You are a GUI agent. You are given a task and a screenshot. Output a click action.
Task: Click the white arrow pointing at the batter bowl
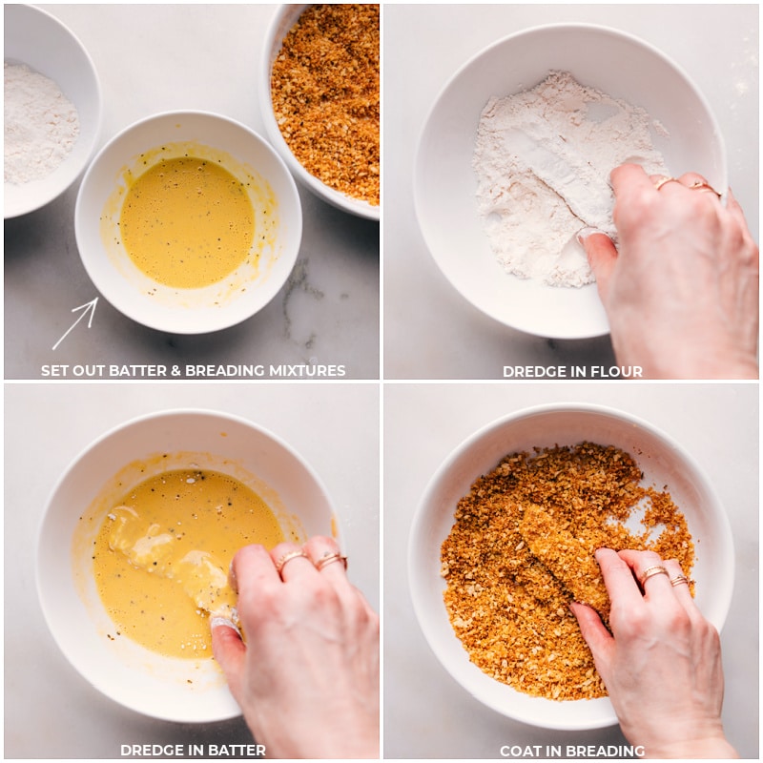pos(75,323)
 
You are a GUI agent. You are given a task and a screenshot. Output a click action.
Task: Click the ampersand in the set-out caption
pos(175,371)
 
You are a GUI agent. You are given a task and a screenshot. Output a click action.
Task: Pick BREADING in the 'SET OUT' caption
pos(225,371)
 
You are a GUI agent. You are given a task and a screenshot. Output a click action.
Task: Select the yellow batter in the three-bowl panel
pos(187,222)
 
